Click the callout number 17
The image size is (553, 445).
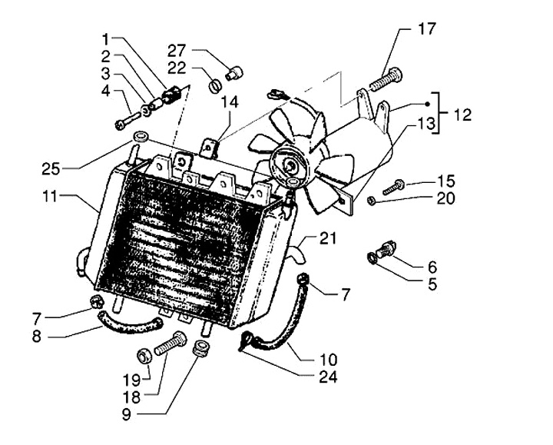coord(426,28)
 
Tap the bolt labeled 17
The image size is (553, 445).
coord(386,78)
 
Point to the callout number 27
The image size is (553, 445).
coord(176,51)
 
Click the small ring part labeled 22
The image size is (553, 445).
coord(215,86)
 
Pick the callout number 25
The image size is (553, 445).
coord(51,168)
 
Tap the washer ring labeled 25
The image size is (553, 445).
coord(141,137)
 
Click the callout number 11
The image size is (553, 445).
coord(50,197)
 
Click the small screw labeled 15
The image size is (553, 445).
coord(393,187)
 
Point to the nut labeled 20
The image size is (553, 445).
coord(371,201)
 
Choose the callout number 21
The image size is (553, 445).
coord(328,239)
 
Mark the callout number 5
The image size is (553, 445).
coord(432,284)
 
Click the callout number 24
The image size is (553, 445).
coord(328,377)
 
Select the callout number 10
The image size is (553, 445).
coord(328,360)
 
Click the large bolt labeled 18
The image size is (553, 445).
coord(170,343)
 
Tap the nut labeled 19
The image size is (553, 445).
coord(144,355)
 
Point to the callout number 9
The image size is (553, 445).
coord(127,415)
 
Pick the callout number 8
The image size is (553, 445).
coord(37,337)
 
